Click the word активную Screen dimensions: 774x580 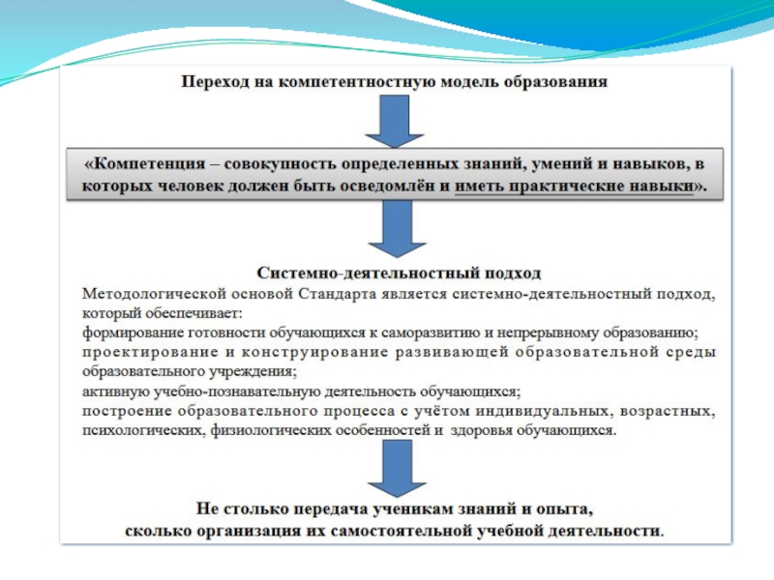(109, 391)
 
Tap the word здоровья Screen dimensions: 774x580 (485, 431)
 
